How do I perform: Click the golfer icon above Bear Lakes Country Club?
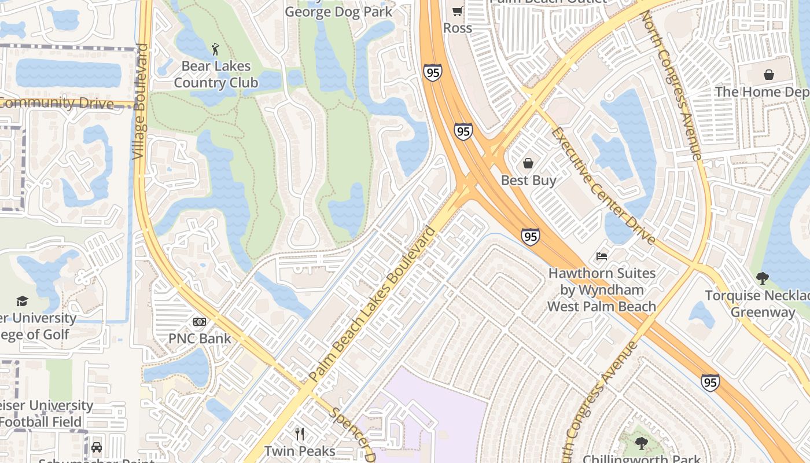click(x=216, y=49)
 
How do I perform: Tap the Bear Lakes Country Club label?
click(x=216, y=75)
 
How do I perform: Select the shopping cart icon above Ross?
click(x=457, y=11)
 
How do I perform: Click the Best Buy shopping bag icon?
click(x=528, y=163)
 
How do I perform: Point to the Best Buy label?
click(x=528, y=181)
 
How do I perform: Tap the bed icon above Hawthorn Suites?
click(x=602, y=256)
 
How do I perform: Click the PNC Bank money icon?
click(x=200, y=322)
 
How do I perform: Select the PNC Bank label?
click(x=200, y=339)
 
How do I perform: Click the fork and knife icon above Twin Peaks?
click(x=300, y=433)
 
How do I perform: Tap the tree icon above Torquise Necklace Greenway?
click(x=762, y=278)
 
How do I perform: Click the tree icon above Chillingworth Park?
click(x=641, y=444)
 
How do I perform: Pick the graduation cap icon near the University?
click(x=22, y=301)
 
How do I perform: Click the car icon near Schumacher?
click(x=97, y=447)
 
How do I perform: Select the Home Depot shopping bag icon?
click(x=769, y=75)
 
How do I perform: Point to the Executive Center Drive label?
click(x=603, y=185)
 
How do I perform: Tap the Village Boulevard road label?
click(x=141, y=101)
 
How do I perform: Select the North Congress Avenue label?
click(x=671, y=85)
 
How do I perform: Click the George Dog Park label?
click(x=338, y=12)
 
